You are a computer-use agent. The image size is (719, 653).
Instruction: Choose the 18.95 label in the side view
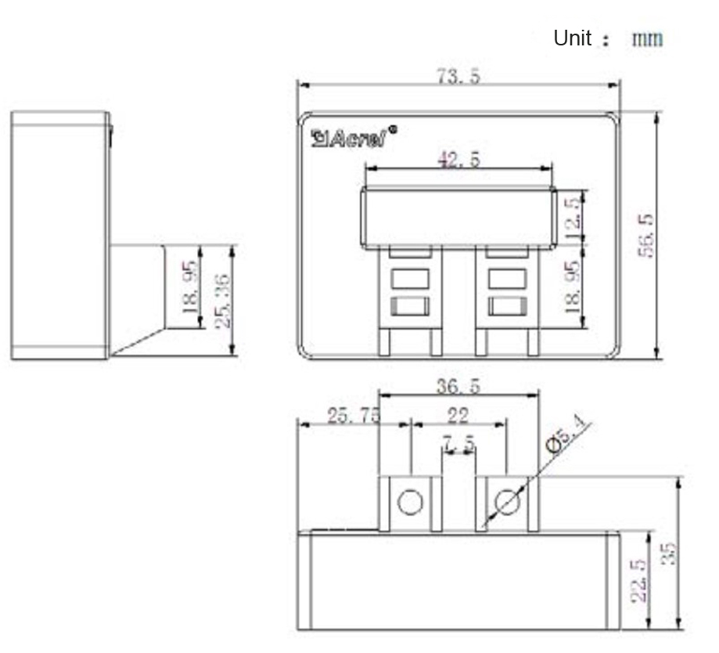(x=190, y=287)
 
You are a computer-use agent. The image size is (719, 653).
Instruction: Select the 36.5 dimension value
(x=458, y=385)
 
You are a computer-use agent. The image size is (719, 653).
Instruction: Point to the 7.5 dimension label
(x=458, y=444)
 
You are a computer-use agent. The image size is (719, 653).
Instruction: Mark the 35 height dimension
(x=668, y=552)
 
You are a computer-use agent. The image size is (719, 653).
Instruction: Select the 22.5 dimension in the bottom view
(x=638, y=580)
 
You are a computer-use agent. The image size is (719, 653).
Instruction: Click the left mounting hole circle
(x=410, y=501)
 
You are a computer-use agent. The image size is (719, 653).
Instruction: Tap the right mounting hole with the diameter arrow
(x=508, y=501)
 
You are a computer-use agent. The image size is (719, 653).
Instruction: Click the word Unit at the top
(x=573, y=38)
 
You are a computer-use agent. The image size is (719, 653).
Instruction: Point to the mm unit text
(x=647, y=38)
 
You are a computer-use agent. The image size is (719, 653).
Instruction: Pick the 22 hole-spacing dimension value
(x=458, y=415)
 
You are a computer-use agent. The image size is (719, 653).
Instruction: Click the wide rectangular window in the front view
(x=458, y=217)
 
